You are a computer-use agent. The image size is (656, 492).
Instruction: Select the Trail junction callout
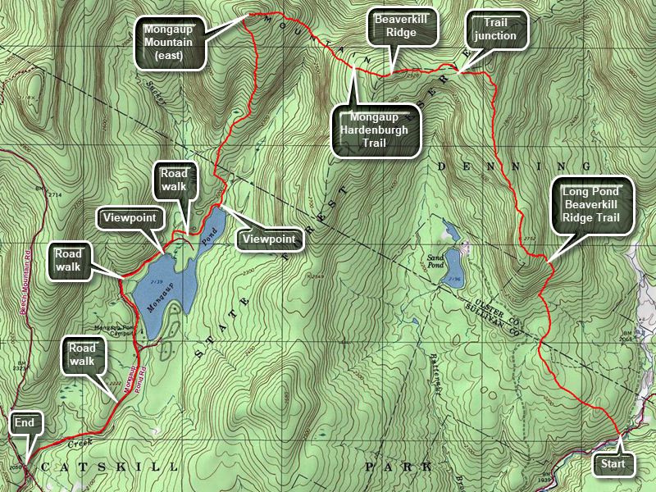pyautogui.click(x=495, y=30)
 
